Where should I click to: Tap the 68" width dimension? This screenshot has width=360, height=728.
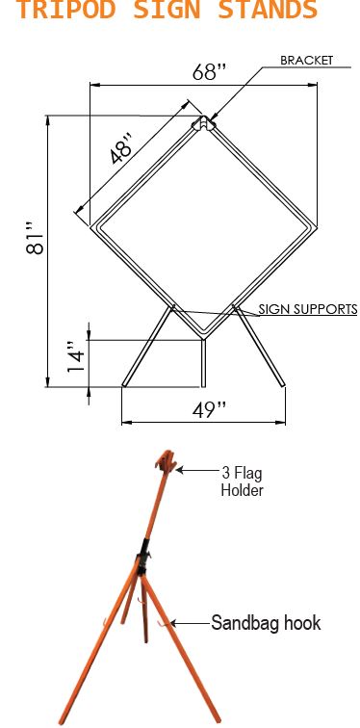coord(205,73)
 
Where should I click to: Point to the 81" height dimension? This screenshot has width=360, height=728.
coord(35,244)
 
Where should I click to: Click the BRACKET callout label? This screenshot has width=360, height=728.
coord(306,60)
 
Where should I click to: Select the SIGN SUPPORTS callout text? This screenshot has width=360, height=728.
coord(308,309)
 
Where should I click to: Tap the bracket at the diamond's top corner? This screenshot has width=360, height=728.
coord(204,123)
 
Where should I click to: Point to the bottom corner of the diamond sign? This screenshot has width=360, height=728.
coord(204,336)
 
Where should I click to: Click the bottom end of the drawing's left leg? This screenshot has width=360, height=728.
coord(124,386)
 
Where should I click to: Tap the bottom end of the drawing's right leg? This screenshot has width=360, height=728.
coord(284,386)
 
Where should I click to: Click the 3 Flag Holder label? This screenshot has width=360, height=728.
coord(242,481)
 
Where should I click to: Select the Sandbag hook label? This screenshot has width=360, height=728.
coord(266,623)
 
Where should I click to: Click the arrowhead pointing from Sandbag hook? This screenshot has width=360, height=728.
coord(173,624)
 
